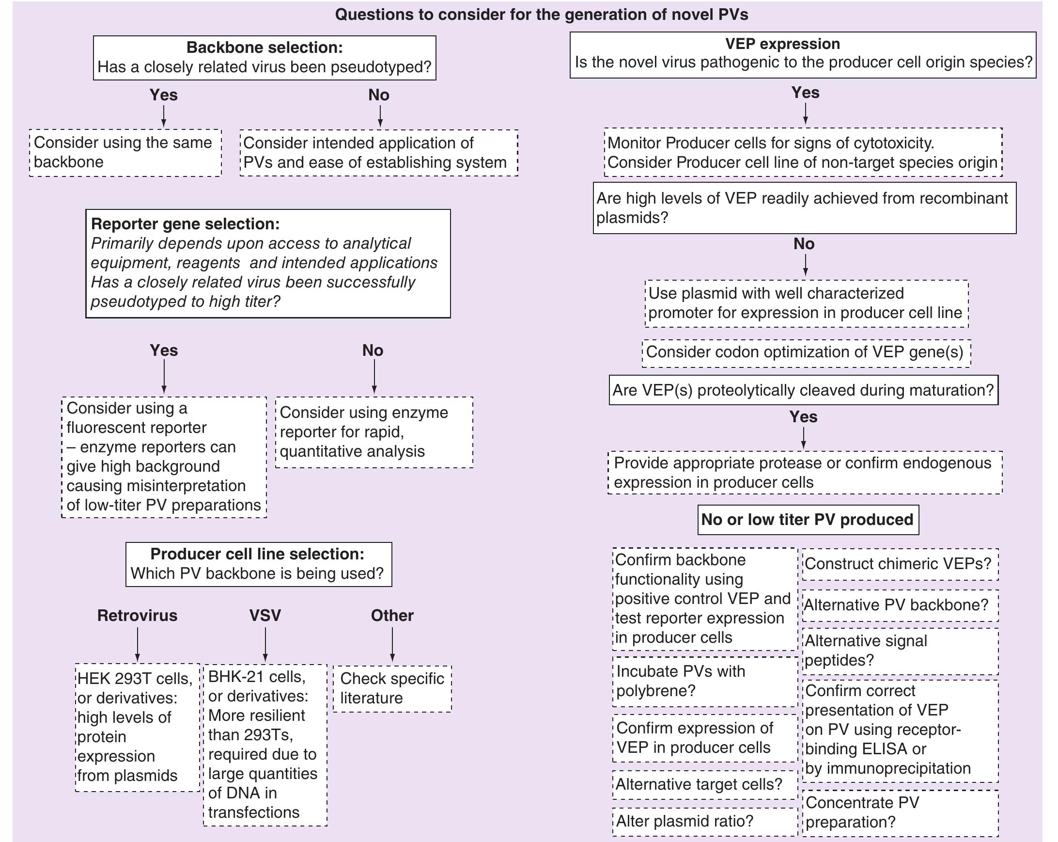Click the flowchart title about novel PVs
[x=541, y=14]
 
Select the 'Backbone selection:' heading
[x=264, y=47]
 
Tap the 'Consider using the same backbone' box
[x=125, y=152]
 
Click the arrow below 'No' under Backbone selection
[x=380, y=116]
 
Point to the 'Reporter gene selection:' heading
[x=186, y=224]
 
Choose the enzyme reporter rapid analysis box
[x=374, y=432]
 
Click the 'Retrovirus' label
[x=137, y=615]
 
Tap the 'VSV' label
[x=265, y=615]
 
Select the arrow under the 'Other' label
[x=392, y=644]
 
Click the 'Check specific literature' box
[x=392, y=688]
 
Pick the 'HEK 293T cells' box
[x=138, y=727]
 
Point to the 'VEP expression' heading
[x=782, y=44]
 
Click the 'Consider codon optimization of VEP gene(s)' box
[x=805, y=352]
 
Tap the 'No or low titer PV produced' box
[x=807, y=520]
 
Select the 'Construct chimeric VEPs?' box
[x=899, y=564]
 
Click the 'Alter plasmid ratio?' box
[x=705, y=821]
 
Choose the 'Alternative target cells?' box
[x=705, y=784]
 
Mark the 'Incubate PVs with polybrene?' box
[x=705, y=681]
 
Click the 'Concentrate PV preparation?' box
[x=899, y=812]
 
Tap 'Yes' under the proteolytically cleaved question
[x=803, y=417]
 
